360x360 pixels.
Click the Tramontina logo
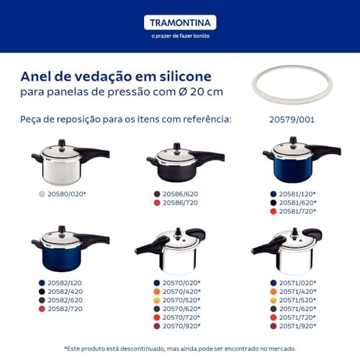[x=179, y=22]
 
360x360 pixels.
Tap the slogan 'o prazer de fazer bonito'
[x=179, y=38]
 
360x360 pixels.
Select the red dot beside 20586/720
[x=157, y=204]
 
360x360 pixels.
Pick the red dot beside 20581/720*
[x=274, y=212]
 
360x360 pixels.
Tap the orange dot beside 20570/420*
[x=157, y=292]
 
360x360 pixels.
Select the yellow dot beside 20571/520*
[x=274, y=300]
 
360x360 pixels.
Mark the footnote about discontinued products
[x=179, y=348]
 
